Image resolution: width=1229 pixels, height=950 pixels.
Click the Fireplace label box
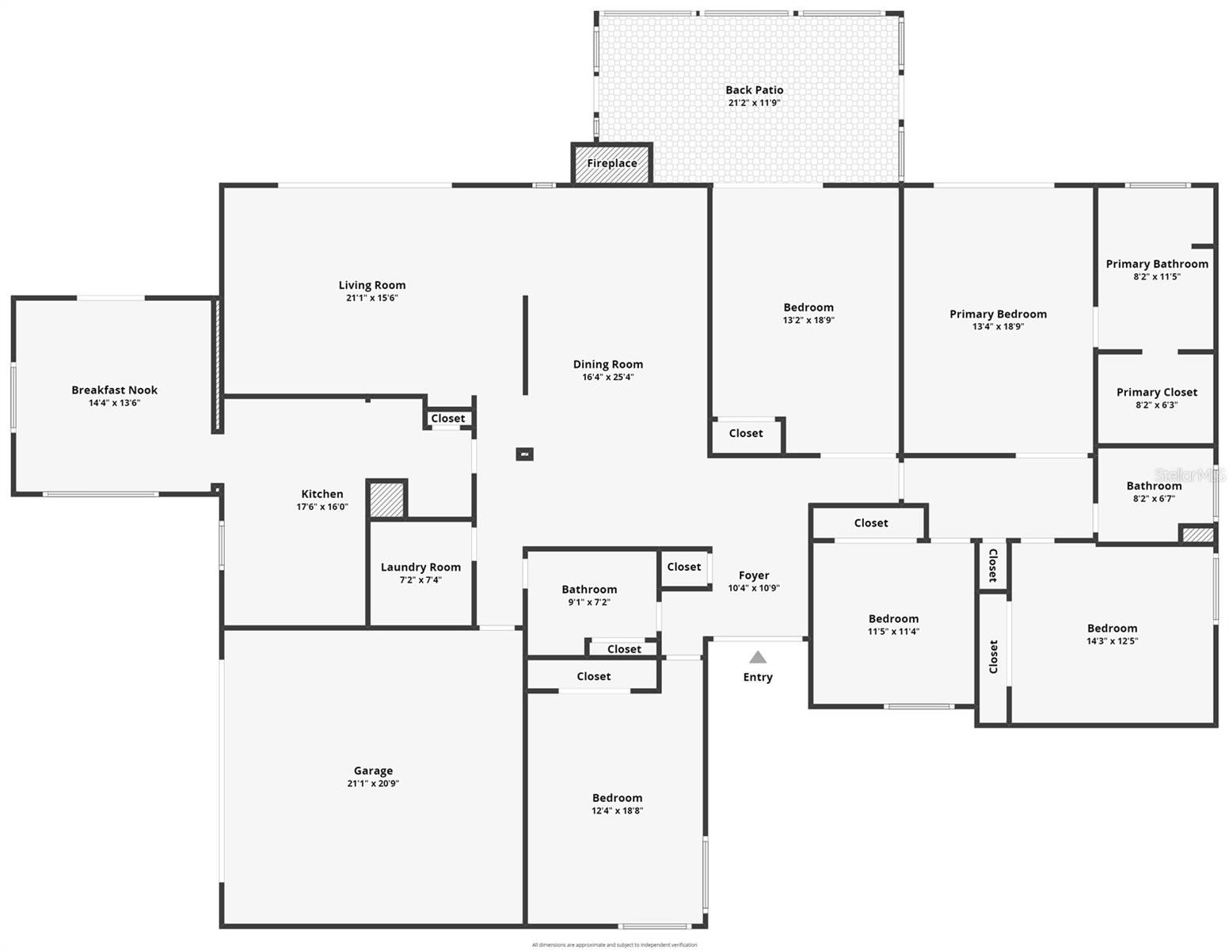coord(611,164)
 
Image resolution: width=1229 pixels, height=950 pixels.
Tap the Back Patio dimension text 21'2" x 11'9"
coord(754,103)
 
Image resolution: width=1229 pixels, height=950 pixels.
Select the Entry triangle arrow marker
coord(758,657)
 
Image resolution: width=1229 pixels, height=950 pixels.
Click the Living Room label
coord(371,285)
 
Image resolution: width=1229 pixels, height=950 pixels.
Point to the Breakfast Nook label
coord(114,389)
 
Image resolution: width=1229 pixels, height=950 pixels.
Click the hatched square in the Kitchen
coord(387,500)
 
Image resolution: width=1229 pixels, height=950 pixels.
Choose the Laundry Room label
coord(420,567)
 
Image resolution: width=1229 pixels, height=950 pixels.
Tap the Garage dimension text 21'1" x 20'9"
coord(372,784)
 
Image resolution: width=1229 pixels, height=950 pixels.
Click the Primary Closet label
coord(1156,392)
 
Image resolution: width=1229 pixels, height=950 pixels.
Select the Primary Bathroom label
coord(1156,264)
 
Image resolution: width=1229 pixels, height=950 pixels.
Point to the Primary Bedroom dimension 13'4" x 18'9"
coord(998,326)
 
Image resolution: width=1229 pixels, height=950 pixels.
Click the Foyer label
coord(754,576)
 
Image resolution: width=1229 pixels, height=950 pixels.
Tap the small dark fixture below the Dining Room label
coord(524,454)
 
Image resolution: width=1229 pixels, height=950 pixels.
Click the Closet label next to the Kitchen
coord(448,419)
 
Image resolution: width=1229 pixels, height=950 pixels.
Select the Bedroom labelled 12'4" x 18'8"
coord(617,798)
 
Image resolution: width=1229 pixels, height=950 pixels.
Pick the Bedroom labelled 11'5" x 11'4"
coord(893,619)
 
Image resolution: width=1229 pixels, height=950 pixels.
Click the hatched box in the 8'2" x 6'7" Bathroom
coord(1197,534)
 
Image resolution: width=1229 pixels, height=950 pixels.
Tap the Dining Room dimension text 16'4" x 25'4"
coord(607,377)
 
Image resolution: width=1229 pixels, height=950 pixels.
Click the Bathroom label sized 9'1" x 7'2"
coord(589,589)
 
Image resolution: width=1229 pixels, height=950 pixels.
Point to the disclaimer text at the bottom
coord(614,944)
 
